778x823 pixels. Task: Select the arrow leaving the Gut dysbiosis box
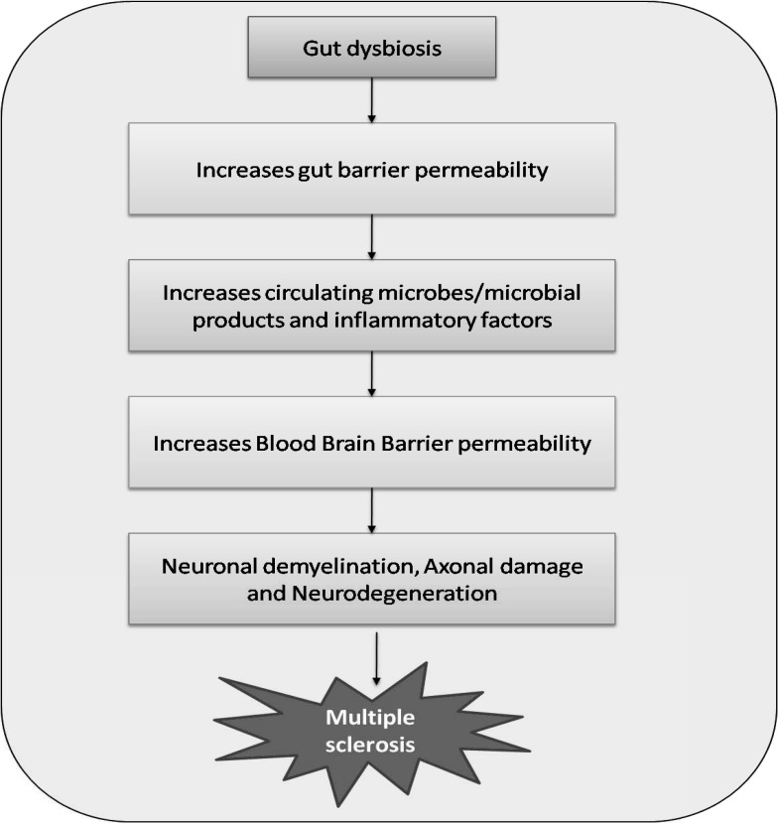pos(371,99)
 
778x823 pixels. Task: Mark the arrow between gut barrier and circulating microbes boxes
pos(371,236)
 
